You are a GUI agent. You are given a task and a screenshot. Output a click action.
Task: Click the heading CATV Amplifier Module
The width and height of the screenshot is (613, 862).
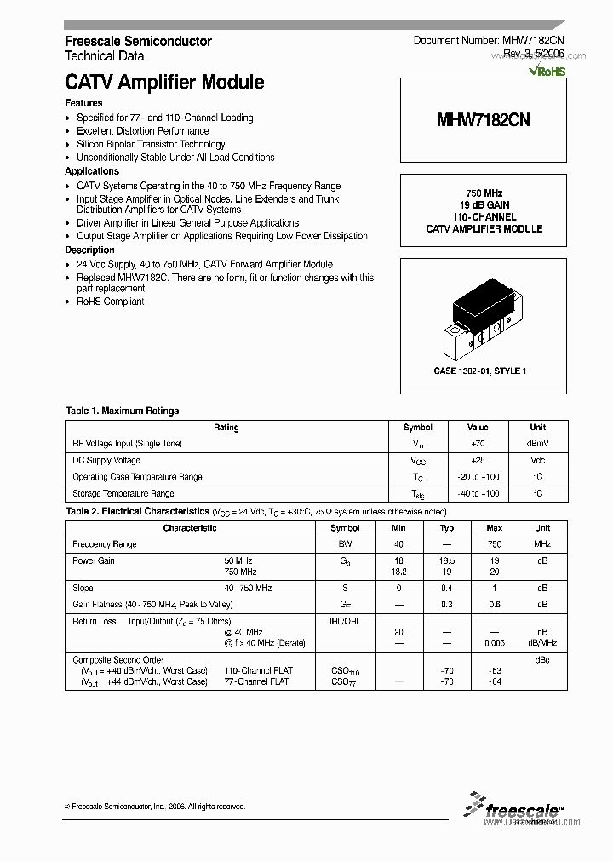pos(164,83)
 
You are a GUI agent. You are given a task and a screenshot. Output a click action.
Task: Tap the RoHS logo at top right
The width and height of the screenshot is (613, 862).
pos(547,72)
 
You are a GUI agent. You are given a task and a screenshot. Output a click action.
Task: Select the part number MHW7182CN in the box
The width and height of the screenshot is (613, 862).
pos(483,120)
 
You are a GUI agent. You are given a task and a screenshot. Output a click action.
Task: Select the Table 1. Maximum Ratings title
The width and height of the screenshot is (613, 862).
pos(122,411)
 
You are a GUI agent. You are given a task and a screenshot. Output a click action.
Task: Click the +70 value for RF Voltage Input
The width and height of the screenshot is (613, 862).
pos(478,444)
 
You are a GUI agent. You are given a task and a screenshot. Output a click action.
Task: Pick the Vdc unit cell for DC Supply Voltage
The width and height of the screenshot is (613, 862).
pos(537,460)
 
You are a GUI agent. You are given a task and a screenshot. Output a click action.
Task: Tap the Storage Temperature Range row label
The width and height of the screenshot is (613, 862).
pos(123,493)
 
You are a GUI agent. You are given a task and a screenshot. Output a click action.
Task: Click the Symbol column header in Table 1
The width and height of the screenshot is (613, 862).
pos(417,428)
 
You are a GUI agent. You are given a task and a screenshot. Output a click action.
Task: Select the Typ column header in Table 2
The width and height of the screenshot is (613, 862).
pos(447,528)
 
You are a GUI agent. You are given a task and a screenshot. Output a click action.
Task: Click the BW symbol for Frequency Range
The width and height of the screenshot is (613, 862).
pos(345,544)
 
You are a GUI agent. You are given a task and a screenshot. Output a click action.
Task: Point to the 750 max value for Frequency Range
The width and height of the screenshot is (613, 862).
pos(494,544)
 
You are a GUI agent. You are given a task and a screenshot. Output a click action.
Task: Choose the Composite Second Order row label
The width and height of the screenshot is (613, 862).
pos(117,659)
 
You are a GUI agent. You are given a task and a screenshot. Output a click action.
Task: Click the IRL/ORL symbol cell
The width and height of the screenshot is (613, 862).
pos(345,621)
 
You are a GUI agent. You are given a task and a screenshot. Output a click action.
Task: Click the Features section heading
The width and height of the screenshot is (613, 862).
pos(83,103)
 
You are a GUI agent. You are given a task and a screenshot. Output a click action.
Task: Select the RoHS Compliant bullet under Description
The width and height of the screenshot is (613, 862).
pos(110,302)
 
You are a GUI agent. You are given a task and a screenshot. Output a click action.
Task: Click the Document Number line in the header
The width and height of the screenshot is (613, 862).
pos(488,41)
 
